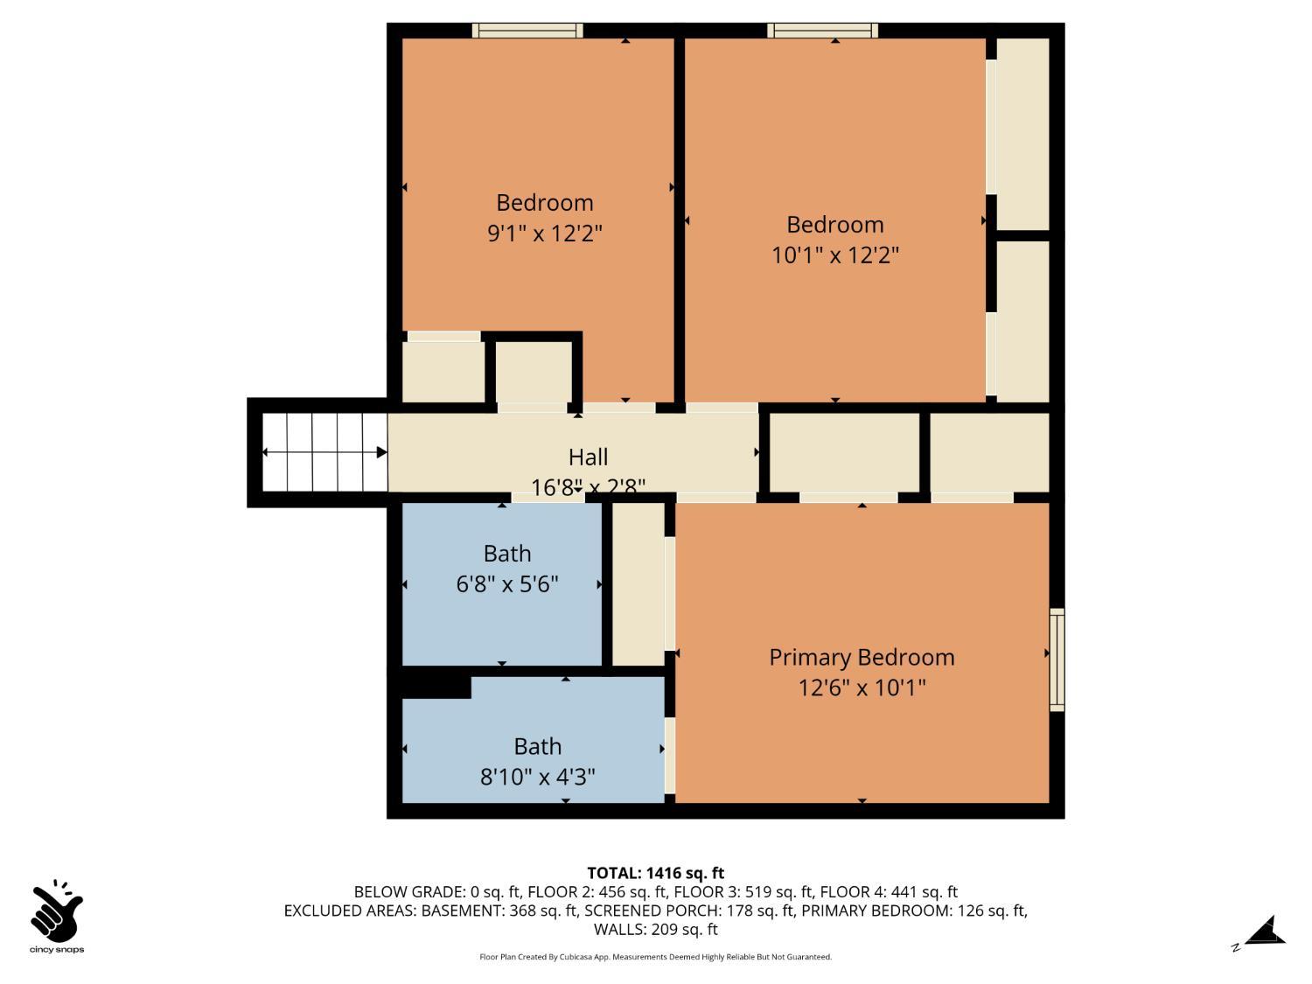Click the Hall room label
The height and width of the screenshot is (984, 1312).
[588, 457]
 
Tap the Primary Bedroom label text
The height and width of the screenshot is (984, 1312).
[862, 657]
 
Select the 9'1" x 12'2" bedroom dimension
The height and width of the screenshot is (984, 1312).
[545, 234]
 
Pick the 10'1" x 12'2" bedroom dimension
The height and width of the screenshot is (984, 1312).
[834, 255]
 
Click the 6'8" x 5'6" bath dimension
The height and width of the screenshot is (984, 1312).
[507, 584]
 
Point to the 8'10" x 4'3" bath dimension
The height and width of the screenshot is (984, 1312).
[537, 777]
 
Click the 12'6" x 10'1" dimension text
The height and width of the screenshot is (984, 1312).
[862, 687]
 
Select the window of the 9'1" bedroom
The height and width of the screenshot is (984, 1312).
[527, 31]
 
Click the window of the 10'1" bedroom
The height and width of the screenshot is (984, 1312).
[822, 31]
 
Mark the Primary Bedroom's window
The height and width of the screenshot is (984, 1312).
[1057, 659]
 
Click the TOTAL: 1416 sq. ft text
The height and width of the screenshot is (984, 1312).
[655, 873]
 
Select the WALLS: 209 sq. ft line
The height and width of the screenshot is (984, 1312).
[655, 929]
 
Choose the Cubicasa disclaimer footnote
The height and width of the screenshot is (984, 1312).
[655, 957]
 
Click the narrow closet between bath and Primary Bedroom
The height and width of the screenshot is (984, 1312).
[638, 583]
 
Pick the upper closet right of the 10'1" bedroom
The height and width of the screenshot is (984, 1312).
[1022, 133]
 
